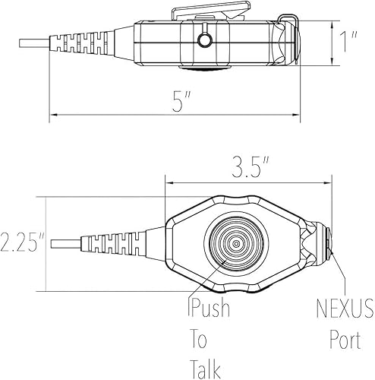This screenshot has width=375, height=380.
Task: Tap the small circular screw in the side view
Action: coord(203,41)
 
